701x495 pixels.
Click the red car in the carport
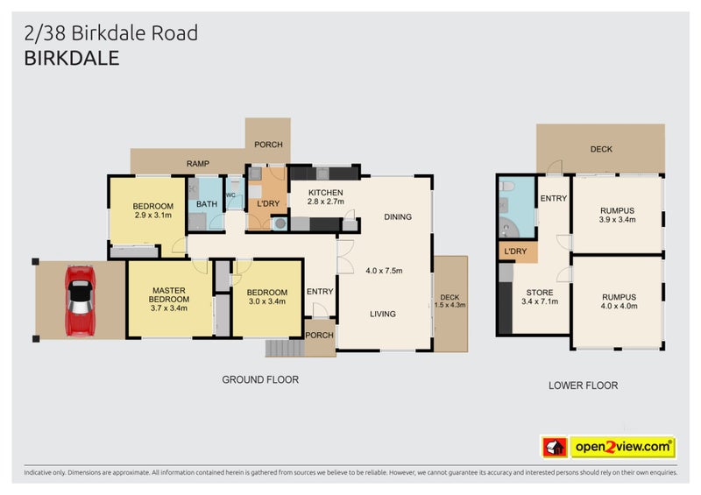coord(80,298)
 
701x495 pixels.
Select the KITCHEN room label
coord(325,193)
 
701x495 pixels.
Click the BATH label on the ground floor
coord(207,204)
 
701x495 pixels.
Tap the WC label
coord(231,195)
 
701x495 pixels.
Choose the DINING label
coord(397,217)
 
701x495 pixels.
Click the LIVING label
coord(382,314)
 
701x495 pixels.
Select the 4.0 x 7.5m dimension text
coord(384,270)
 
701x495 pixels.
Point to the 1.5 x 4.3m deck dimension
coord(450,304)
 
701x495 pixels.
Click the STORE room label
coord(539,293)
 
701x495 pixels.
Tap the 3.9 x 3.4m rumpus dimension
coord(617,220)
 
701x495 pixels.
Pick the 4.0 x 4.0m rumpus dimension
coord(619,306)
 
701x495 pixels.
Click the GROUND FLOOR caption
coord(260,380)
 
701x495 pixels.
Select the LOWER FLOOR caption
coord(583,385)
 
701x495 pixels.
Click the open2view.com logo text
coord(623,448)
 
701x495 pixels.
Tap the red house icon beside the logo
coord(553,448)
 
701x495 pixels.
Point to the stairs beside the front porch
coord(285,348)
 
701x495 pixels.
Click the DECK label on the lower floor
coord(601,149)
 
